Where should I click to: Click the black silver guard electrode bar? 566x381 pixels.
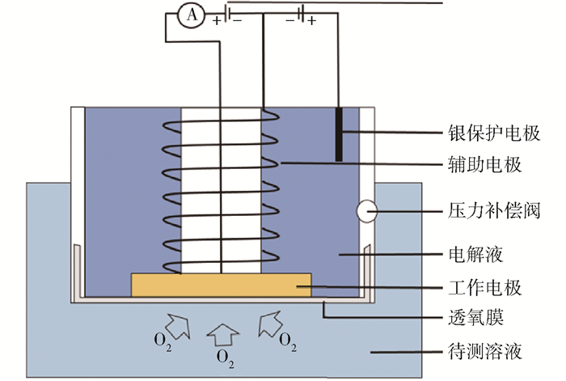[340, 133]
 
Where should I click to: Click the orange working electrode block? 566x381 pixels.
[221, 285]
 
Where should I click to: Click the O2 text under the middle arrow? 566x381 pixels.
[226, 356]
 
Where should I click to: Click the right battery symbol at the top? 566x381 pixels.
[300, 14]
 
